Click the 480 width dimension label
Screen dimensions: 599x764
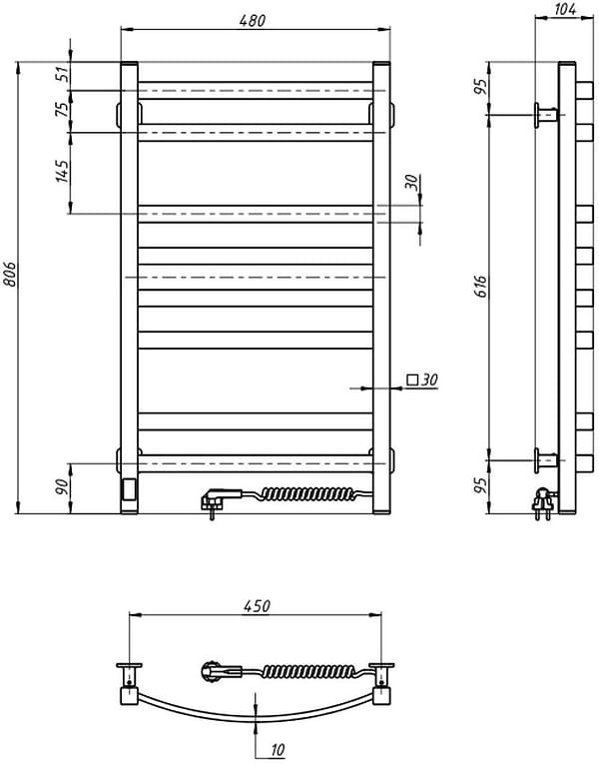click(253, 20)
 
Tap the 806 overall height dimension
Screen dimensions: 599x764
click(10, 275)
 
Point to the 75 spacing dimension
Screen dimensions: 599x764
click(62, 109)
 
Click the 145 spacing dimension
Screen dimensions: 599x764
click(62, 171)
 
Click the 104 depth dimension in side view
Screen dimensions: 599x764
click(565, 9)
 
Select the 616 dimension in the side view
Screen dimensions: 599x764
click(480, 287)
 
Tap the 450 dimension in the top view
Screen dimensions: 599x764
click(257, 606)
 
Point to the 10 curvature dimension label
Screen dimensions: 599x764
click(278, 750)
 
